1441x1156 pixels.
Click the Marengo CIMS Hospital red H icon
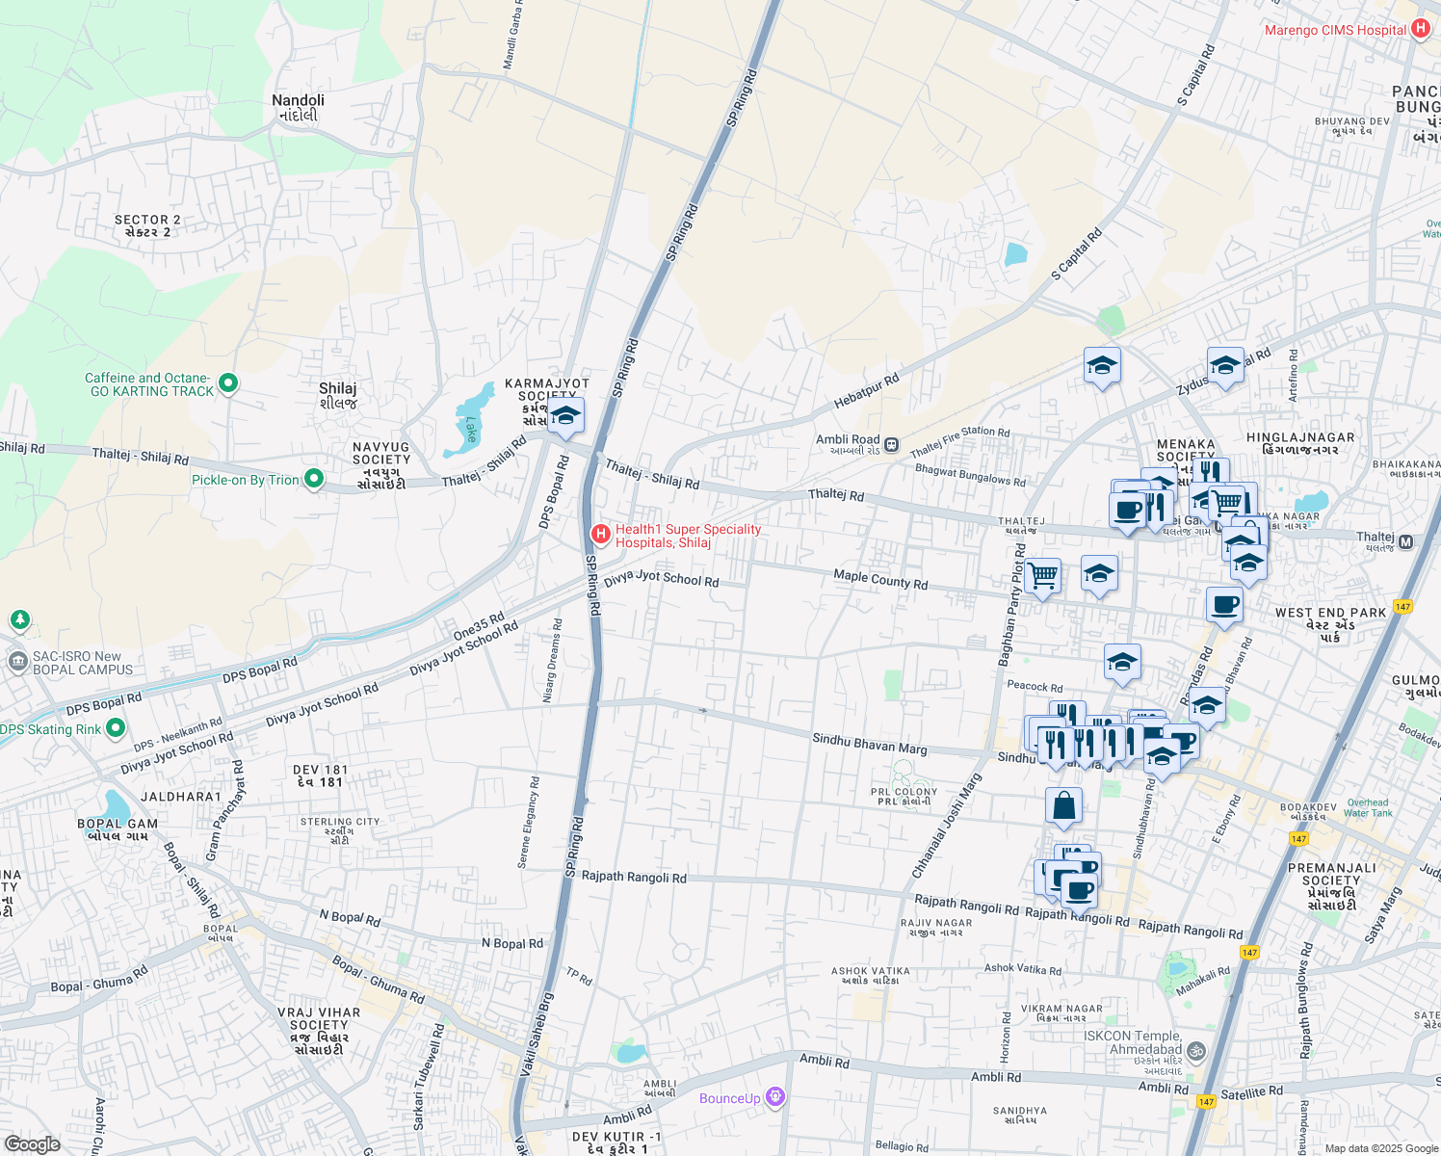point(1420,29)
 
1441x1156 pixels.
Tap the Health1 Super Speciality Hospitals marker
point(601,534)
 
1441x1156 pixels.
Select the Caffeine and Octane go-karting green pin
point(228,384)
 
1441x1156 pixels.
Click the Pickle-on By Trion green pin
point(313,479)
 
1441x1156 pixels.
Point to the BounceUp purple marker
point(775,1097)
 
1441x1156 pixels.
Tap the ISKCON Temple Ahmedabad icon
point(1196,1050)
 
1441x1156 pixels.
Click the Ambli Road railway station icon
point(892,445)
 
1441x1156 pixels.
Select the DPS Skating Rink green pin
point(116,728)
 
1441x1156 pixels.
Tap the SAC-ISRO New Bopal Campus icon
point(17,662)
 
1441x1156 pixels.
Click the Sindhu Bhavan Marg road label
point(869,744)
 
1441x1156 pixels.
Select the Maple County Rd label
point(880,579)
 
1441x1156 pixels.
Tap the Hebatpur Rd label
point(866,394)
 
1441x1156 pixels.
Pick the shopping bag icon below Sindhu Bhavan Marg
point(1063,805)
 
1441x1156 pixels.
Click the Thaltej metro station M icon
point(1405,542)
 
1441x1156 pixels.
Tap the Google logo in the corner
point(32,1143)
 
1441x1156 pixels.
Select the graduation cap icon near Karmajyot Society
point(565,415)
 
